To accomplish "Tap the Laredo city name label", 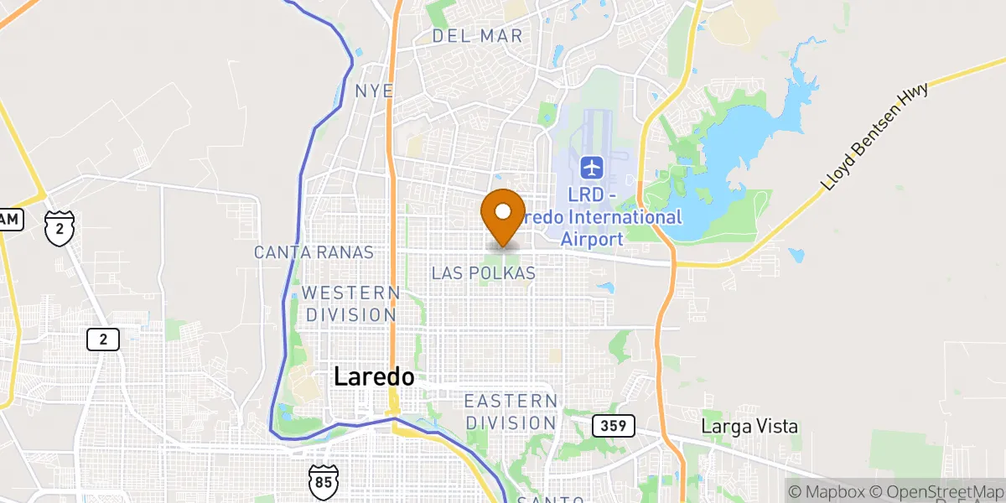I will click(x=374, y=377).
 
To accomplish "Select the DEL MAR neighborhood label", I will click(x=477, y=36).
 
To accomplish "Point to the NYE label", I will click(x=374, y=91).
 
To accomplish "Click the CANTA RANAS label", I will click(x=314, y=252).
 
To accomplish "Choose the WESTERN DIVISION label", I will click(x=350, y=304).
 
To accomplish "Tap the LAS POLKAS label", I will click(x=483, y=273).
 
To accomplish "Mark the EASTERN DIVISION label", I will click(x=511, y=412).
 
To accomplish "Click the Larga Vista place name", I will click(x=749, y=427).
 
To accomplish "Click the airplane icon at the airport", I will click(x=592, y=168).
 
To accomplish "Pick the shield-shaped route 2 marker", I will click(x=60, y=229).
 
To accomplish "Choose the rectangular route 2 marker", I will click(x=103, y=340).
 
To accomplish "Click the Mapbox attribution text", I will click(x=825, y=491).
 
